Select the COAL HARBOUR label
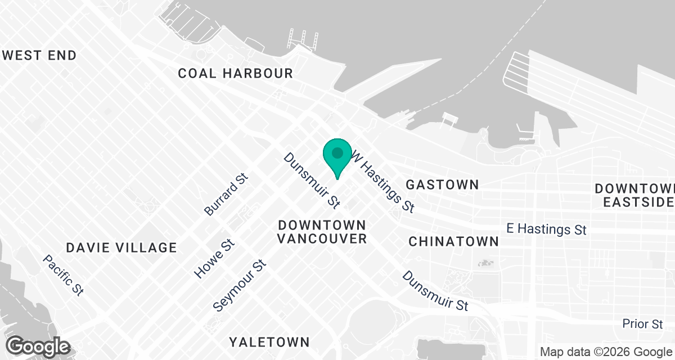pyautogui.click(x=235, y=73)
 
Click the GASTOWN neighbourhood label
pyautogui.click(x=442, y=184)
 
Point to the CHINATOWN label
pyautogui.click(x=453, y=242)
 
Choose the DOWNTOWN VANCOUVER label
pyautogui.click(x=322, y=232)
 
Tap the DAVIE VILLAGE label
pyautogui.click(x=121, y=247)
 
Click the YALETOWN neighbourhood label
pyautogui.click(x=269, y=342)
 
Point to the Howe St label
pyautogui.click(x=214, y=258)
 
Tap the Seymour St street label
pyautogui.click(x=239, y=286)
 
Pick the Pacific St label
pyautogui.click(x=64, y=275)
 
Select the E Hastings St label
pyautogui.click(x=546, y=229)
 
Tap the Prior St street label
pyautogui.click(x=642, y=324)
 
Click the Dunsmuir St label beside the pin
pyautogui.click(x=312, y=178)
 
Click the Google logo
pyautogui.click(x=38, y=346)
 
